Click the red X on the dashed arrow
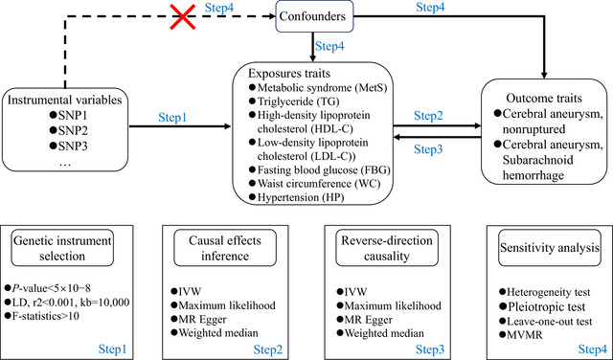[183, 16]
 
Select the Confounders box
[314, 16]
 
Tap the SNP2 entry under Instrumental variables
[69, 131]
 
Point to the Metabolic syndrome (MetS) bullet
[318, 88]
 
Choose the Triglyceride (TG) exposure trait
[294, 101]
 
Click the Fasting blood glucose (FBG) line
[320, 170]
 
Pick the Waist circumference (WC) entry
[315, 184]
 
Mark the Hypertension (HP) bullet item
[297, 197]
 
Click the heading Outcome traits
[544, 98]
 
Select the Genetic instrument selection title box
[62, 248]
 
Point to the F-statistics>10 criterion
[42, 315]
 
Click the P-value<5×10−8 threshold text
[48, 288]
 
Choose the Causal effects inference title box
[225, 248]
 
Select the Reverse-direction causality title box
[387, 248]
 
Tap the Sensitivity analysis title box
[550, 248]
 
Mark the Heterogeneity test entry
[545, 292]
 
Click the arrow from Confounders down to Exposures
[313, 47]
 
